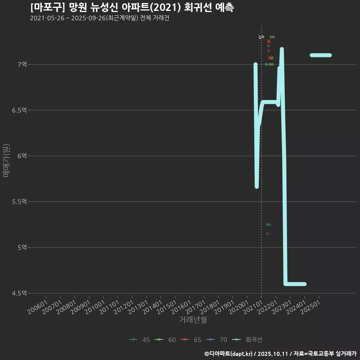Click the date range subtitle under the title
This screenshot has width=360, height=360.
[100, 18]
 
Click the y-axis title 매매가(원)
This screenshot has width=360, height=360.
[6, 160]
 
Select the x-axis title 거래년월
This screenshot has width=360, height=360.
[193, 319]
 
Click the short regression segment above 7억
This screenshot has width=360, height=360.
[321, 55]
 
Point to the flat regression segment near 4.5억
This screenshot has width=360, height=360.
[295, 284]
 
